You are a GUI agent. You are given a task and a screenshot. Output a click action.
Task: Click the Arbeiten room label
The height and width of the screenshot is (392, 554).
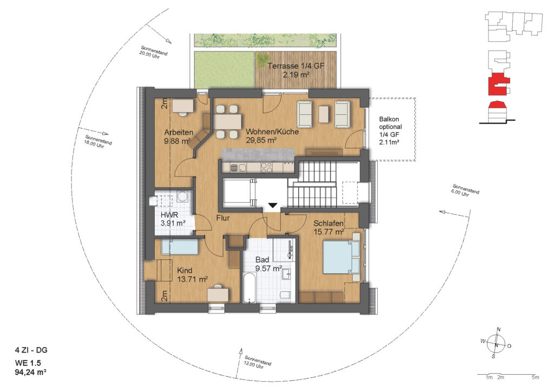click(x=179, y=133)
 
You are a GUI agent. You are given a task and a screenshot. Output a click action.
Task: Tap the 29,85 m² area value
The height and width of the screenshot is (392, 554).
click(x=261, y=140)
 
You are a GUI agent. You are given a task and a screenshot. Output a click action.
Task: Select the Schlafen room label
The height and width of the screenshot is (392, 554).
click(x=328, y=224)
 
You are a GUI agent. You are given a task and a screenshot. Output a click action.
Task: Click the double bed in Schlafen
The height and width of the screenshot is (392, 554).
click(x=341, y=258)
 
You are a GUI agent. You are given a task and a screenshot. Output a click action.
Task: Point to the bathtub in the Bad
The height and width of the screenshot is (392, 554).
click(x=249, y=288)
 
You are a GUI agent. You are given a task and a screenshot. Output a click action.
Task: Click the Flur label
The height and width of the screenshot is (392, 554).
click(x=223, y=218)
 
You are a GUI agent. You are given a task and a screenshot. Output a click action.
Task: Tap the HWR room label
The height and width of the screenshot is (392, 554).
click(x=169, y=215)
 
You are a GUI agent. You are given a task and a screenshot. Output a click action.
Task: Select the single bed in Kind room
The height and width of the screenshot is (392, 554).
click(x=180, y=247)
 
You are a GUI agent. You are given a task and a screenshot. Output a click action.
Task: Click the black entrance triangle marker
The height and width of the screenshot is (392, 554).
click(x=273, y=205)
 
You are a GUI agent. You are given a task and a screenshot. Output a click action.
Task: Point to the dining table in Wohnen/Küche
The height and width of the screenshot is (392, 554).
click(x=227, y=122)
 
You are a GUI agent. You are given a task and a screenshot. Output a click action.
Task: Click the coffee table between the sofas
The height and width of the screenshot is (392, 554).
click(x=324, y=114)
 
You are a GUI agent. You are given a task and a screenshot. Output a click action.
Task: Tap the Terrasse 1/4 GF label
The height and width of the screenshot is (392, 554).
click(x=296, y=66)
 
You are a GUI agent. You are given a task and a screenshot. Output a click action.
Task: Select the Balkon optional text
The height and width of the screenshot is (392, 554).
click(x=391, y=123)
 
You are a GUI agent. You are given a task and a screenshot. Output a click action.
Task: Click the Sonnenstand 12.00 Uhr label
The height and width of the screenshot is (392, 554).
click(x=258, y=362)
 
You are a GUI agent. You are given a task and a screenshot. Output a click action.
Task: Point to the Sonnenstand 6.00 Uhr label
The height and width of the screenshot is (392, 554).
click(x=466, y=191)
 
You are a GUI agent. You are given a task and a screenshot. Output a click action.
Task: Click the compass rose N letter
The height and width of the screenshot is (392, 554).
click(x=498, y=329)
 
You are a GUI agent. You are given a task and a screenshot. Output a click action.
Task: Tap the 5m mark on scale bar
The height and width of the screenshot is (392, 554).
click(x=535, y=377)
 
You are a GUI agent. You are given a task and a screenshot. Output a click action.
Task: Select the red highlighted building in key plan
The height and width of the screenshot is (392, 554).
click(x=498, y=84)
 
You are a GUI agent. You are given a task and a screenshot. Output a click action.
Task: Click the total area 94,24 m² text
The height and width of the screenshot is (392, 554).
click(x=31, y=372)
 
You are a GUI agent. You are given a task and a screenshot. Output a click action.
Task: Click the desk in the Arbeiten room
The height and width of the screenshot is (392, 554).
click(x=183, y=106)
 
